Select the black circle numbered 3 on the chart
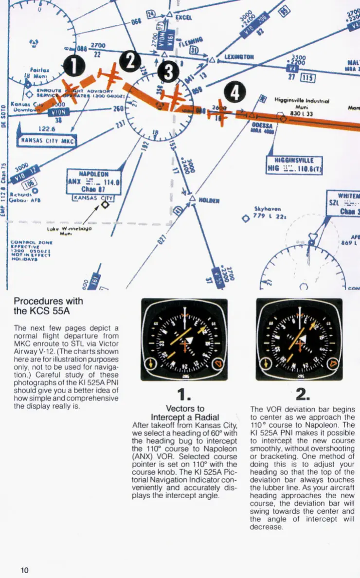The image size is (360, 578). click(168, 73)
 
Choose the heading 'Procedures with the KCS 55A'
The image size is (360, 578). click(49, 306)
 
